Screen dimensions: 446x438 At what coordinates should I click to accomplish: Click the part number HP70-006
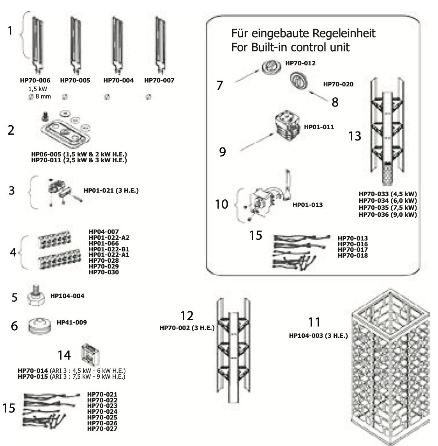click(35, 81)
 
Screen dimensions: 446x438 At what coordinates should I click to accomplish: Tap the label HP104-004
click(67, 296)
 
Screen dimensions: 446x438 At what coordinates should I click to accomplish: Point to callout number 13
click(355, 136)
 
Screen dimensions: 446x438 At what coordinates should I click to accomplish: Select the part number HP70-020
click(338, 84)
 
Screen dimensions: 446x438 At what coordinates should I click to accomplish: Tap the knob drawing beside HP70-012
click(269, 67)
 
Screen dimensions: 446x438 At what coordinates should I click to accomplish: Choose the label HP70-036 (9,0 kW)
click(387, 214)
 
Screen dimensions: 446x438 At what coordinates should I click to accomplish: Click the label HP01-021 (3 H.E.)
click(111, 191)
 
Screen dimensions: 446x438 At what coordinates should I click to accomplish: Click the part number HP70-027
click(102, 429)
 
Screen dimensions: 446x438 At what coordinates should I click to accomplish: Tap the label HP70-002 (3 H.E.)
click(187, 328)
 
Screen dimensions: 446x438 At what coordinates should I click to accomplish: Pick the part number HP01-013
click(307, 205)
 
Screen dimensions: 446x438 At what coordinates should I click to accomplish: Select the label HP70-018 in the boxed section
click(352, 255)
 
